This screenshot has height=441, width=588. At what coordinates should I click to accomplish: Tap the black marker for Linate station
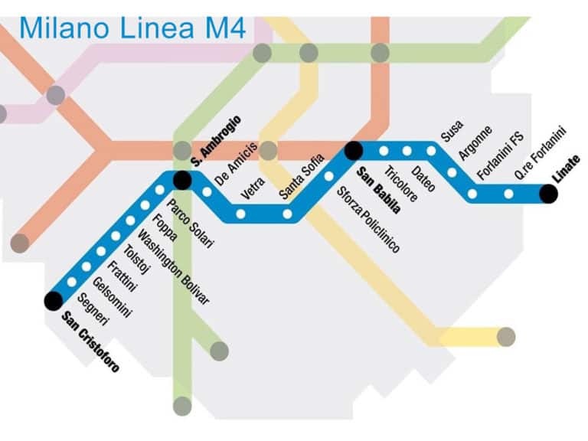[548, 194]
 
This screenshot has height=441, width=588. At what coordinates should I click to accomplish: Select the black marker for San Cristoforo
[53, 301]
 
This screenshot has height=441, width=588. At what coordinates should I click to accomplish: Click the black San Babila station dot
[353, 151]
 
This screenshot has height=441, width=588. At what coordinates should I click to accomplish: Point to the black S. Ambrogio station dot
[182, 180]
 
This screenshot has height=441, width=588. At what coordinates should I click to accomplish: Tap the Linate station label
[567, 169]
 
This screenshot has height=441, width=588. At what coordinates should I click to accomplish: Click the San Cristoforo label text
[91, 341]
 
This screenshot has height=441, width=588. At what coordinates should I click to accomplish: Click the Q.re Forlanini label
[540, 152]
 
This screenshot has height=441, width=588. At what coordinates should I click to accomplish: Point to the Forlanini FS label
[500, 156]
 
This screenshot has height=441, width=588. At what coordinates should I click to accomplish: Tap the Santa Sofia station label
[297, 176]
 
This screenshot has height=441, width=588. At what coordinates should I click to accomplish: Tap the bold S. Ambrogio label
[216, 140]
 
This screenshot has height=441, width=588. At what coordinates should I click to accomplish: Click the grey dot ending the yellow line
[505, 336]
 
